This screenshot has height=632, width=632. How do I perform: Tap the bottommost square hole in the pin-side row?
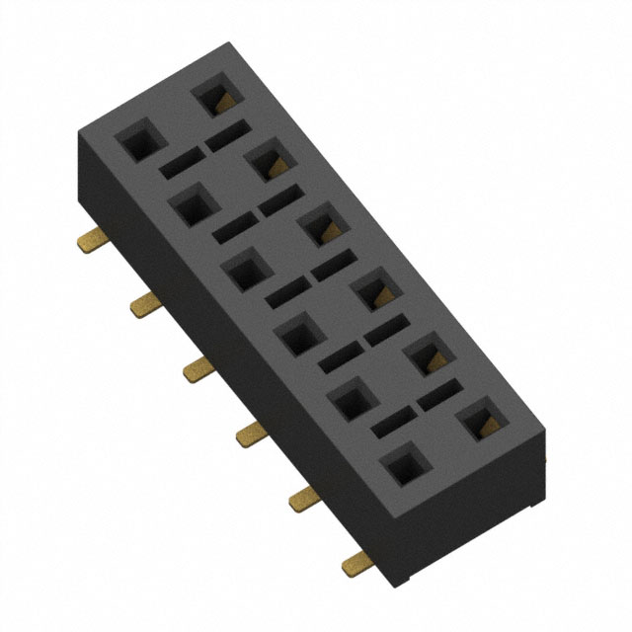402,465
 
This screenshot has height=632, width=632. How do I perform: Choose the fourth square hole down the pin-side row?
296,336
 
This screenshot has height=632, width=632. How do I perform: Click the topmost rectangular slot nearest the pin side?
178,163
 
